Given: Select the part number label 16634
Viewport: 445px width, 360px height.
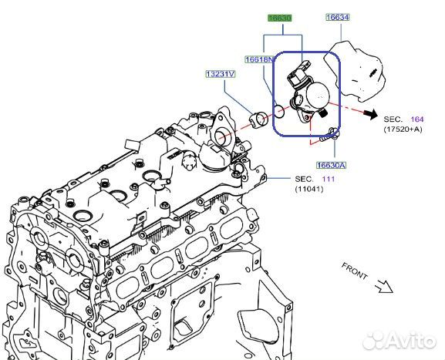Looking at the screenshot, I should click(337, 18).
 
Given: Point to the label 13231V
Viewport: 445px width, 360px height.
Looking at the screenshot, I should click(221, 75).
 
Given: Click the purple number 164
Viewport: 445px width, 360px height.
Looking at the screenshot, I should click(416, 119).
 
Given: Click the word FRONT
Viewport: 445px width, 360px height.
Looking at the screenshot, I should click(356, 272).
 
